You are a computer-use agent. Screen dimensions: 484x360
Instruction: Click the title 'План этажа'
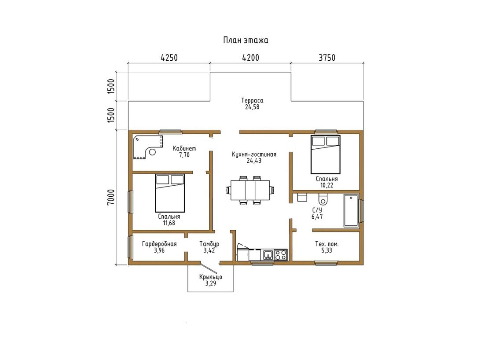tap(246, 40)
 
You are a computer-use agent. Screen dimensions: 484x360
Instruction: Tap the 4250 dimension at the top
tap(169, 58)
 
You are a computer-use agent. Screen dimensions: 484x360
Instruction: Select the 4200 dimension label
tap(251, 58)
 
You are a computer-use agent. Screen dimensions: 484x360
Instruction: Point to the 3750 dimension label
tap(327, 58)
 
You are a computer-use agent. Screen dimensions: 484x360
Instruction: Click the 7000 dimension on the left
tap(111, 197)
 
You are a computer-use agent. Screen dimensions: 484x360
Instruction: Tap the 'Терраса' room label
tap(252, 100)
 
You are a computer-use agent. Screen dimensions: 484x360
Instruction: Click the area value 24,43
tap(254, 161)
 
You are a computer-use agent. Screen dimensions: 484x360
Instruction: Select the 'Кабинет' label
tap(184, 148)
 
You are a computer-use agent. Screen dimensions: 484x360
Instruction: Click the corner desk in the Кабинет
tap(148, 147)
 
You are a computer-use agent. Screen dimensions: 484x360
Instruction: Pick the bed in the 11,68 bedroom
tap(170, 193)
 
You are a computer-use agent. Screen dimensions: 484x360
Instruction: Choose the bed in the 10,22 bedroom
tap(325, 154)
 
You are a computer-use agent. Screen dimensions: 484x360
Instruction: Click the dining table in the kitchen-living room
tap(250, 190)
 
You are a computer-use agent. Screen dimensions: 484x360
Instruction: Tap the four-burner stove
tap(281, 255)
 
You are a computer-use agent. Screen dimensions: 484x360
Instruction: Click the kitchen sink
tap(268, 255)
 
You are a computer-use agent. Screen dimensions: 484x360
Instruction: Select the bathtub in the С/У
tap(351, 210)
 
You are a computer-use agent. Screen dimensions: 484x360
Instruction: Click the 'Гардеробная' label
tap(159, 244)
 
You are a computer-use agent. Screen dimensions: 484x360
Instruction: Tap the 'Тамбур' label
tap(209, 244)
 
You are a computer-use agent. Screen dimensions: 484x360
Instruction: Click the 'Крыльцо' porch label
tap(210, 277)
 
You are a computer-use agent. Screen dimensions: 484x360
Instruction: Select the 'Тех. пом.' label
tap(326, 244)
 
